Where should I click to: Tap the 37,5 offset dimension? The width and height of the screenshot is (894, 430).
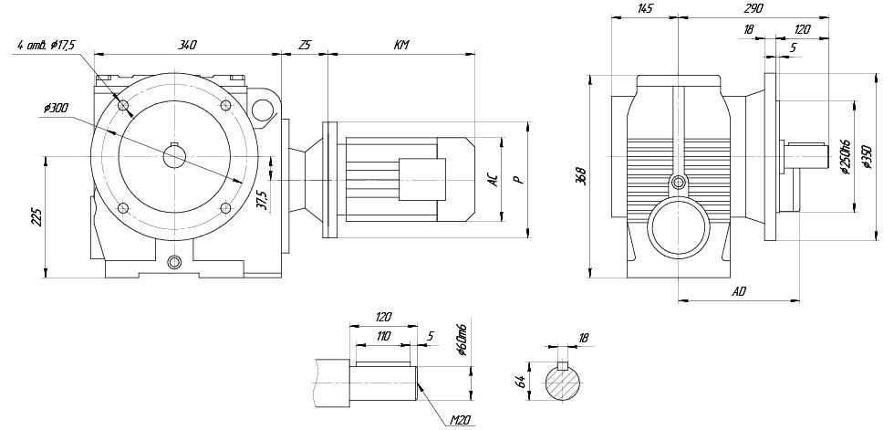[264, 198]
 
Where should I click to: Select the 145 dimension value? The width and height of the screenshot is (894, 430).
[645, 8]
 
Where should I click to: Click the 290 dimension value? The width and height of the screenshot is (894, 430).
[753, 8]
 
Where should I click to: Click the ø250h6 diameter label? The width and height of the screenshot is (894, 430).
[845, 155]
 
